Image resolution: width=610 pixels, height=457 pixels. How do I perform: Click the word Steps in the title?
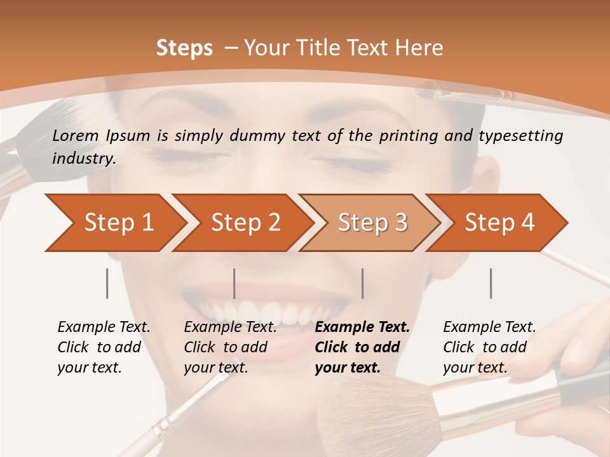pyautogui.click(x=184, y=48)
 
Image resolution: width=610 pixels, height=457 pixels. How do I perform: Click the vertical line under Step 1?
pyautogui.click(x=107, y=283)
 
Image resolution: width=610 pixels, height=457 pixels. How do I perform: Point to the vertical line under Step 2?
pyautogui.click(x=234, y=283)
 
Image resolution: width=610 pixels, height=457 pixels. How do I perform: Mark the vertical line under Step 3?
pyautogui.click(x=363, y=283)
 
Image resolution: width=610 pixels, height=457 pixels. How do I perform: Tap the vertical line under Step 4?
pyautogui.click(x=491, y=283)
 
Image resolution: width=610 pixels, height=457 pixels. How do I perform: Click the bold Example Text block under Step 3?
pyautogui.click(x=362, y=347)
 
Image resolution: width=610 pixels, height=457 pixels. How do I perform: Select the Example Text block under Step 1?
pyautogui.click(x=104, y=347)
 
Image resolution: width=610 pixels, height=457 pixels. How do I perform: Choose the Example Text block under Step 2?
pyautogui.click(x=230, y=347)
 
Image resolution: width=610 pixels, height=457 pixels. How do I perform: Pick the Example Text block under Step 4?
pyautogui.click(x=489, y=347)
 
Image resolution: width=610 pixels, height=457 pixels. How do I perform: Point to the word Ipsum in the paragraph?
pyautogui.click(x=126, y=136)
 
